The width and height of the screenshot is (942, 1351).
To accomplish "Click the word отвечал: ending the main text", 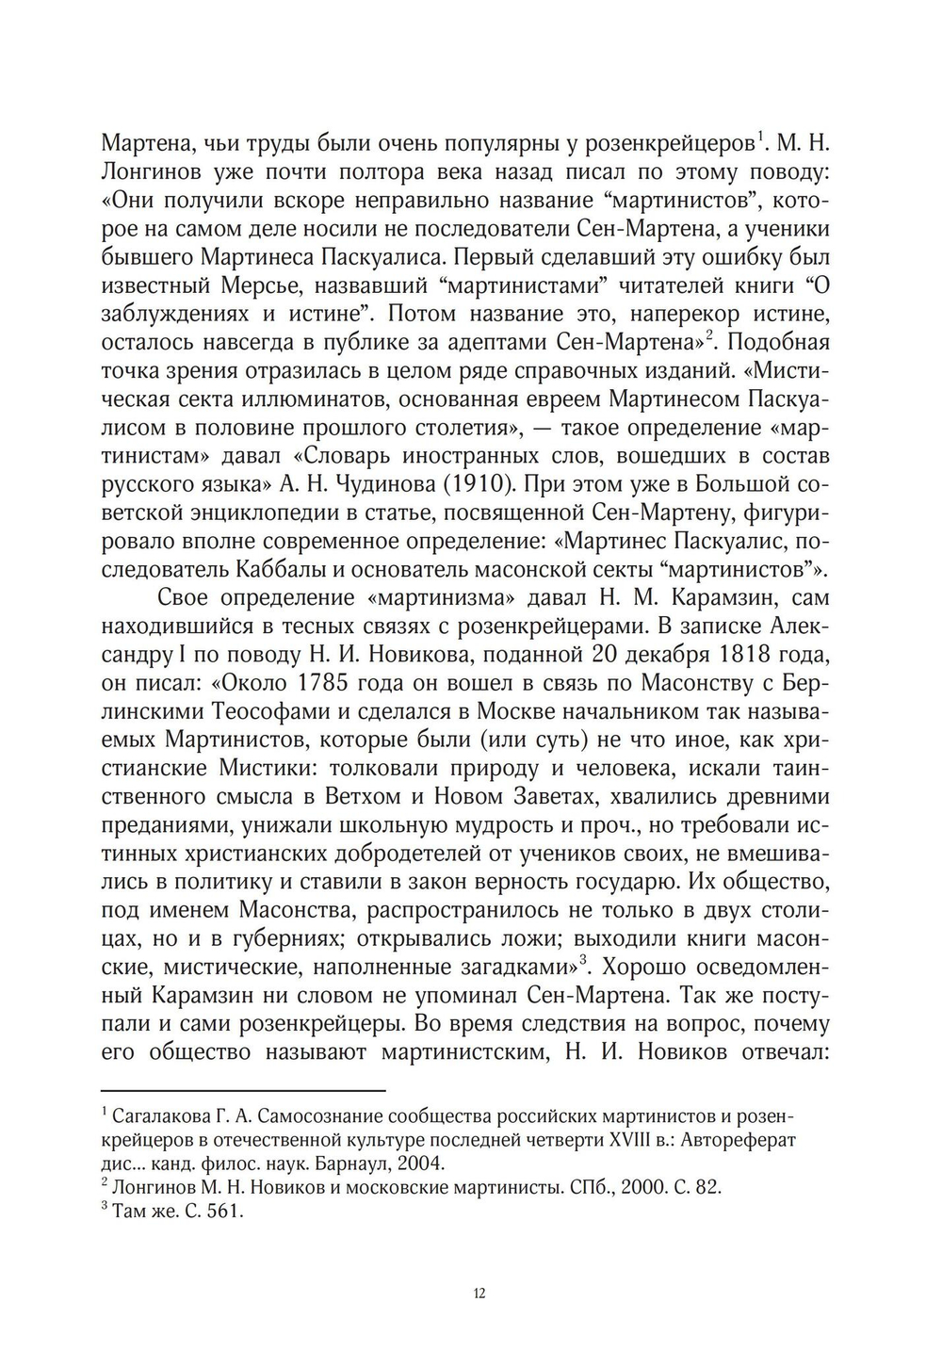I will tap(782, 1052).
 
